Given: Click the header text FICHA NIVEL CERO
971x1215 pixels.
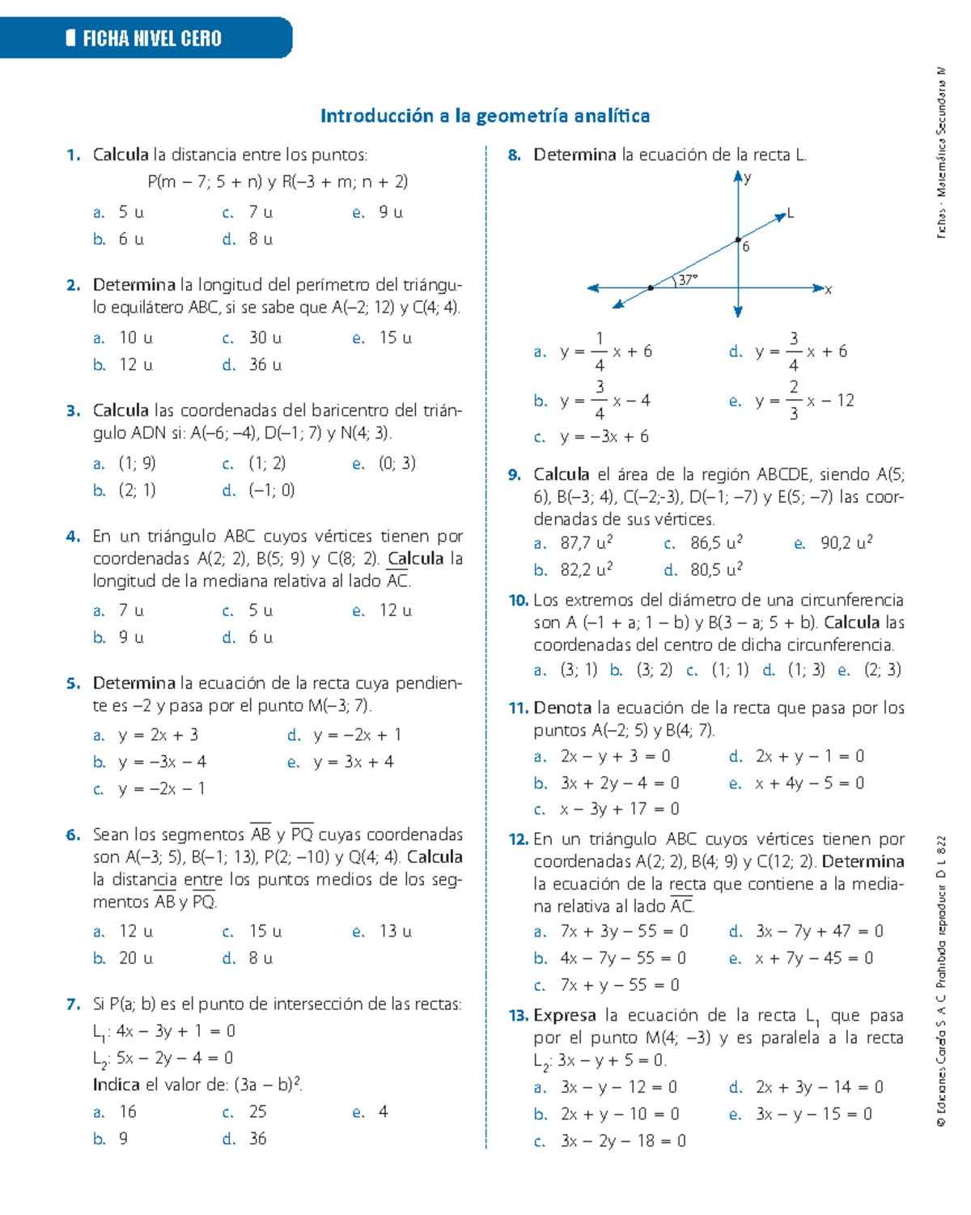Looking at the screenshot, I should coord(151,38).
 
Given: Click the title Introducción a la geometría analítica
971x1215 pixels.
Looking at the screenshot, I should coord(485,116).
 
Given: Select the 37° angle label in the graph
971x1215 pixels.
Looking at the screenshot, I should coord(688,280).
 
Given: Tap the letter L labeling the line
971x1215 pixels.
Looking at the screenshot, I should coord(791,214).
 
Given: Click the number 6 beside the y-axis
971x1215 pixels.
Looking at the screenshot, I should coord(746,247).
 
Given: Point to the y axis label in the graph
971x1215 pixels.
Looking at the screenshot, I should coord(748,177).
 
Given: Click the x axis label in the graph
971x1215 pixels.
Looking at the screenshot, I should coord(828,289).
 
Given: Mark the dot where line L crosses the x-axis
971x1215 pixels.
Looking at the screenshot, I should coord(651,287).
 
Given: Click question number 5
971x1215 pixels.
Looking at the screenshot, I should coord(74,683).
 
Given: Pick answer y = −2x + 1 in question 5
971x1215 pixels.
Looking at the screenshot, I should coord(357,735).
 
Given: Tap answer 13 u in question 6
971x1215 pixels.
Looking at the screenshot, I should coord(395,931).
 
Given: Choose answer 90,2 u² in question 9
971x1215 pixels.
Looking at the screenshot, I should coord(846,543).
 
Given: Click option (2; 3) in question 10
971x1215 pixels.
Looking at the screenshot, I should coord(882,669).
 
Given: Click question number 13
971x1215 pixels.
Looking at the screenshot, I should coord(518,1015).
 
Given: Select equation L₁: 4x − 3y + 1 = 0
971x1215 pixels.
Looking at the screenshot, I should coord(164,1031).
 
